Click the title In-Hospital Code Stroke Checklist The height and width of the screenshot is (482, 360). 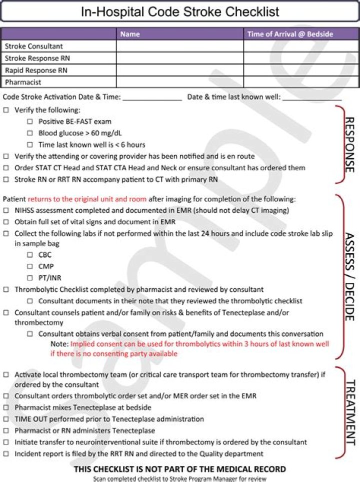(180, 12)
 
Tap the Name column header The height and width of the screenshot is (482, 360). (130, 34)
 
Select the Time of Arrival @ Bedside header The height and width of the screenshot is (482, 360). (289, 34)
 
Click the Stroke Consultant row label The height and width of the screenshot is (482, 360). (33, 46)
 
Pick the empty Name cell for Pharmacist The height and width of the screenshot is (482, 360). (180, 82)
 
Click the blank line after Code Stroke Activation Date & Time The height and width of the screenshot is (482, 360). (152, 97)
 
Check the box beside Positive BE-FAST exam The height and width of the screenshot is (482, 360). (30, 122)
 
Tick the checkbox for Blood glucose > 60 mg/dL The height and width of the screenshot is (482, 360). (30, 133)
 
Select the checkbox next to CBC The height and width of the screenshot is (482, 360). (30, 255)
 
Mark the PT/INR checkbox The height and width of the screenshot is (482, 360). (30, 278)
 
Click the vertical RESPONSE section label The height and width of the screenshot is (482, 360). (349, 145)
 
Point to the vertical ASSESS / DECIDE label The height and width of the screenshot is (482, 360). (349, 276)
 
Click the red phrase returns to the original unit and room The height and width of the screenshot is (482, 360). (86, 199)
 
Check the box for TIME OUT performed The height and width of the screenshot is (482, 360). (6, 419)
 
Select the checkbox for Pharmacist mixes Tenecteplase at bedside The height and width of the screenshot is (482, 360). (6, 407)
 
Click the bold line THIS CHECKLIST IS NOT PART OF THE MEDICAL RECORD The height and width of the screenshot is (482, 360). (180, 469)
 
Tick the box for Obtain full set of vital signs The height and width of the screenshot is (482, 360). (6, 222)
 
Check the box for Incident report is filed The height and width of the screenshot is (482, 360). (6, 454)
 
